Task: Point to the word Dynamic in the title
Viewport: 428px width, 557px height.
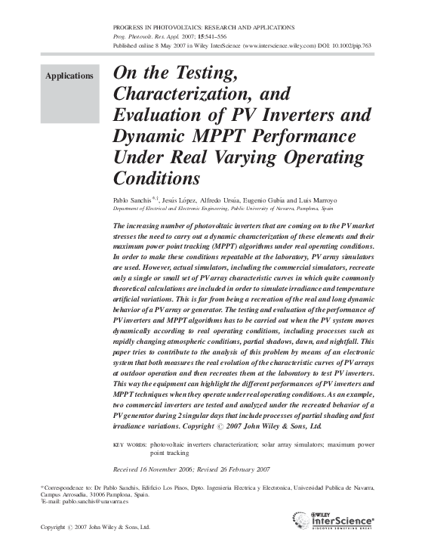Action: point(149,138)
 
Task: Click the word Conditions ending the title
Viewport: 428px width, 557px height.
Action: point(156,179)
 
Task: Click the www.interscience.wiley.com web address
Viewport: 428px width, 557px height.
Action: point(272,45)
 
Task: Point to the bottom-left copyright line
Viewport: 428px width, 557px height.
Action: point(96,527)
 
